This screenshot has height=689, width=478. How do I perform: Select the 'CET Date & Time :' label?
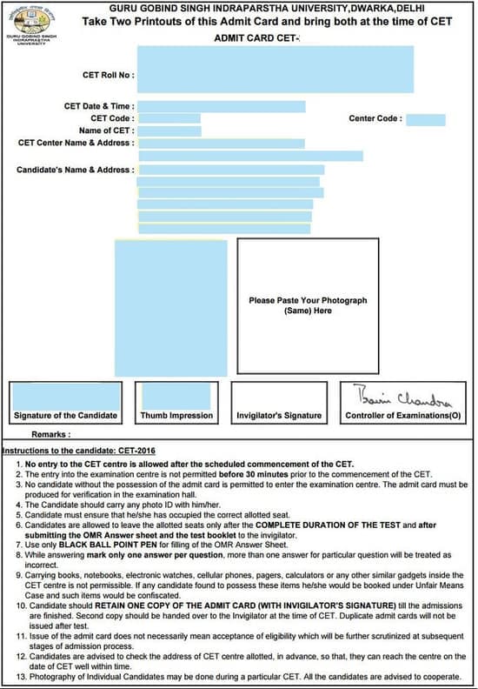pos(99,106)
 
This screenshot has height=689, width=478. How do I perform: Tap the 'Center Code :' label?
pos(375,118)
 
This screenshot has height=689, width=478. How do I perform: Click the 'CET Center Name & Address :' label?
pos(76,143)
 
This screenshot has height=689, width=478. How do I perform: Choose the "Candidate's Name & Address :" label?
pos(75,170)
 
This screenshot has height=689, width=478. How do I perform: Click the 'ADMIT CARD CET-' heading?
pos(256,38)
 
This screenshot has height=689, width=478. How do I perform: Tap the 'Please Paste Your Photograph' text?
pos(308,300)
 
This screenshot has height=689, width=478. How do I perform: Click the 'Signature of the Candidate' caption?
pos(65,416)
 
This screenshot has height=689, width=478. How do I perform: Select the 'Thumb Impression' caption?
pos(176,416)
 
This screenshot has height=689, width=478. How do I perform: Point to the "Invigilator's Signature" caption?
pos(279,416)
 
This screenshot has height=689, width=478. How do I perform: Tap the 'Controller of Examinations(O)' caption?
pos(403,416)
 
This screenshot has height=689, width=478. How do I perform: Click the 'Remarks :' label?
pos(50,433)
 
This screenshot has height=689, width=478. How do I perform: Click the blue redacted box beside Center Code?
pos(425,119)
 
